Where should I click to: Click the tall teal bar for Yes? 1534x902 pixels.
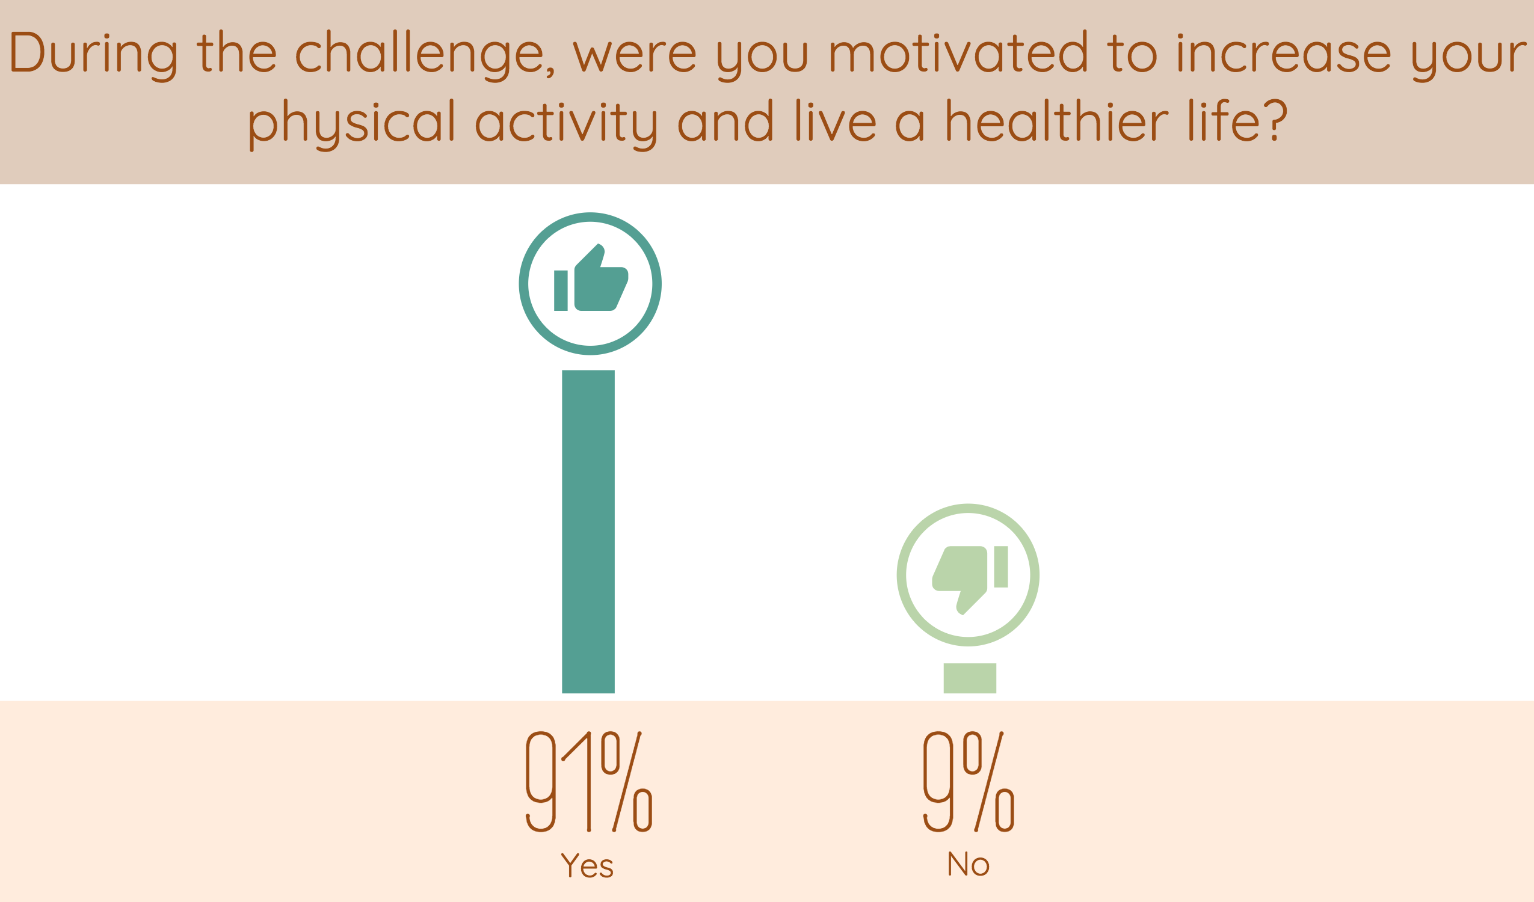(588, 532)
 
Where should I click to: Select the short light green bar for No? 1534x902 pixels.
(970, 678)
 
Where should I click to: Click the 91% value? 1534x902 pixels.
(589, 782)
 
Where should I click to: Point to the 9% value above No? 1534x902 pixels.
(969, 782)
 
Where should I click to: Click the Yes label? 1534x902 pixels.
(587, 865)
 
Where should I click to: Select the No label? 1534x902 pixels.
(969, 864)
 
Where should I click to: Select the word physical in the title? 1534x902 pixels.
(352, 121)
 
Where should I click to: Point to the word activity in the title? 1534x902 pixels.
(566, 121)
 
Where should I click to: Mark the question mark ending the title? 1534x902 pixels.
(1276, 120)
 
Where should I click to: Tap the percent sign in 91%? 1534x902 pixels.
(627, 782)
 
